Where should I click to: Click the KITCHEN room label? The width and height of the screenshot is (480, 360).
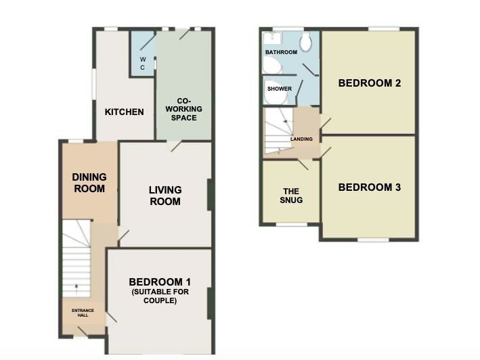click(x=125, y=112)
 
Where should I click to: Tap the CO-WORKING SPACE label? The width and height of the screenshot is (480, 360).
click(x=183, y=109)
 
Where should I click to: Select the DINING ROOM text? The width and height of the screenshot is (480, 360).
click(x=89, y=183)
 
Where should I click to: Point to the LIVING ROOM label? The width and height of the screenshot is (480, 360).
click(x=165, y=196)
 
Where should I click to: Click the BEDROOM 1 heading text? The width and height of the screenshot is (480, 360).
click(x=160, y=282)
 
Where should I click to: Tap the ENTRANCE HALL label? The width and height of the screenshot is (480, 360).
click(x=83, y=313)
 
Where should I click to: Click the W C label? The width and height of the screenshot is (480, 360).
click(x=143, y=63)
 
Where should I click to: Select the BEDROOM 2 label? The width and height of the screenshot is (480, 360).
click(x=370, y=83)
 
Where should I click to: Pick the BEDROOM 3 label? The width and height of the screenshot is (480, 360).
click(x=370, y=187)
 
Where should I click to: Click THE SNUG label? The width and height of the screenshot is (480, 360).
click(x=291, y=196)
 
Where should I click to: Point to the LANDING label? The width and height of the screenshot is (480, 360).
click(x=301, y=139)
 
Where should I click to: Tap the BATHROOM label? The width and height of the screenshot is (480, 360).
click(x=282, y=52)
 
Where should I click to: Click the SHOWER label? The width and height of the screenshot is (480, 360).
click(x=280, y=89)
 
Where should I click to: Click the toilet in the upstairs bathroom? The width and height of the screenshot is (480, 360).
click(x=305, y=41)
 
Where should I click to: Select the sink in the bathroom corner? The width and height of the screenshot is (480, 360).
click(x=272, y=38)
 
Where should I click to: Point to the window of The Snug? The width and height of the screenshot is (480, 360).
click(x=291, y=225)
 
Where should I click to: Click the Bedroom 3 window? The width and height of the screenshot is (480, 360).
click(x=373, y=240)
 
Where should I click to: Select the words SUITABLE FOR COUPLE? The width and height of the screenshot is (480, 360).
click(x=160, y=296)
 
